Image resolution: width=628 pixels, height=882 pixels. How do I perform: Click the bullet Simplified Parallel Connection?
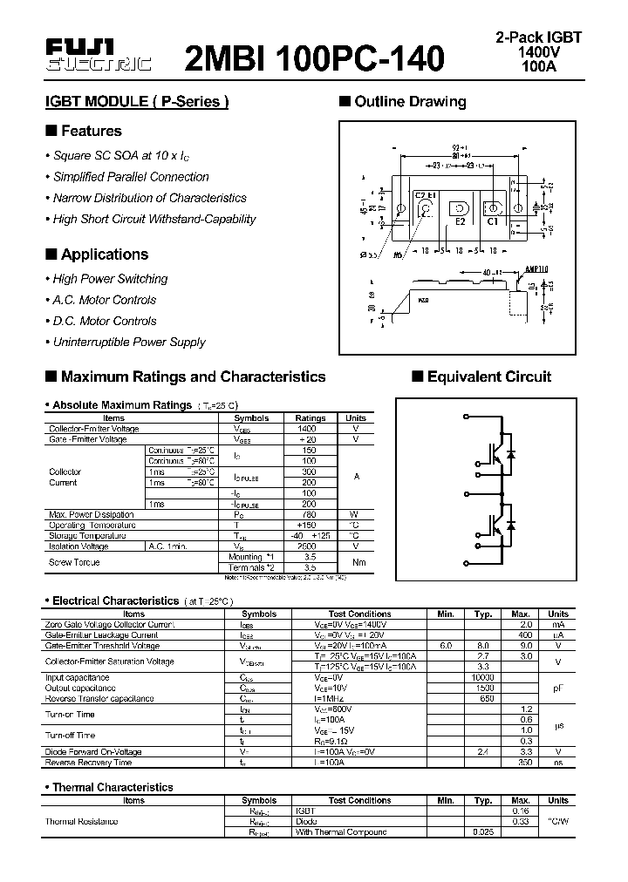tap(131, 177)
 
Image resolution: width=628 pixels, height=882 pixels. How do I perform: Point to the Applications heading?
tap(104, 254)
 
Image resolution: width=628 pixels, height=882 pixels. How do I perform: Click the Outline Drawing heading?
tap(410, 102)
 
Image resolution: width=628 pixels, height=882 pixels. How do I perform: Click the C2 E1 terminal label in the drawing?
tap(426, 197)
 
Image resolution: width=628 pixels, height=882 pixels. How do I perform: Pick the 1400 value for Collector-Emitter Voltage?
tap(307, 429)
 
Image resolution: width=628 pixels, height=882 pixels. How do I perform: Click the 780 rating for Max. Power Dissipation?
tap(307, 514)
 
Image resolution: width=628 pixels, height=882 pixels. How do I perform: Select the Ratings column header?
tap(311, 418)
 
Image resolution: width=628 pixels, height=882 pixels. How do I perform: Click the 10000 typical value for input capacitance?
tap(482, 677)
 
